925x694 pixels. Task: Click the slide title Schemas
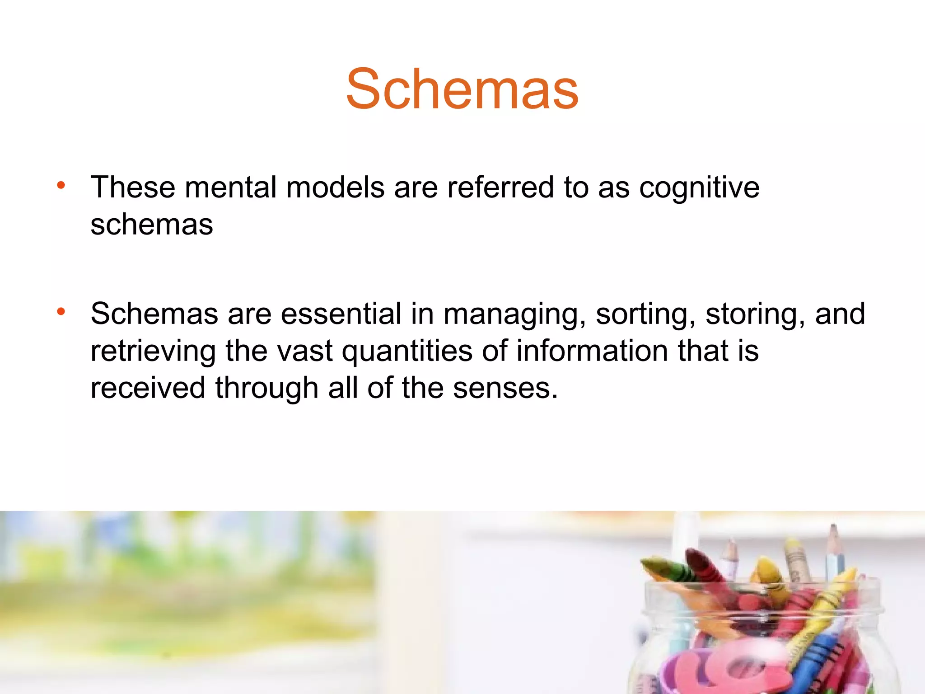462,89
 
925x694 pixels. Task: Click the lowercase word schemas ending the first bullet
152,225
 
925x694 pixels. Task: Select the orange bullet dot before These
61,185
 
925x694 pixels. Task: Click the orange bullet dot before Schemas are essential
61,311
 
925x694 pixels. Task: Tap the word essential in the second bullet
341,314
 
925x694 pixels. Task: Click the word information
592,352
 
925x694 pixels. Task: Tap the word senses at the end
505,389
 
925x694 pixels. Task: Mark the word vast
305,352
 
